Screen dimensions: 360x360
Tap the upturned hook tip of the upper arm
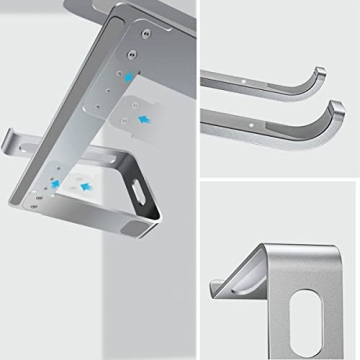tap(319, 73)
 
